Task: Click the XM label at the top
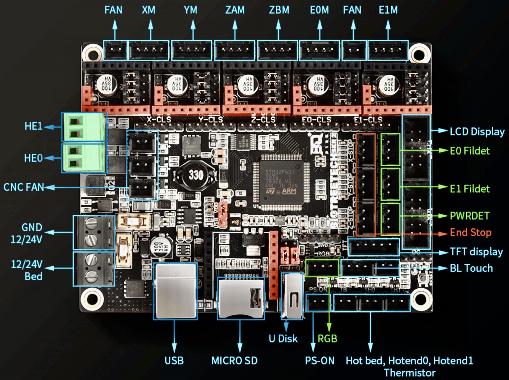tap(148, 10)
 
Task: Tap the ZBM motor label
tap(279, 10)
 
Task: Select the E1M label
tap(388, 10)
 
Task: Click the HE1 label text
tap(33, 126)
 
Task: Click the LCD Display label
tap(477, 132)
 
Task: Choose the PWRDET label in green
tap(469, 216)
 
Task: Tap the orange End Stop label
tap(471, 233)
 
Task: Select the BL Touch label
tap(471, 268)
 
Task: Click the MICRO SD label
tap(235, 360)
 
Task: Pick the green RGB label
tap(327, 339)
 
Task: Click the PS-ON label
tap(319, 360)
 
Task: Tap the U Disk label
tap(283, 339)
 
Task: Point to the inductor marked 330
tap(196, 175)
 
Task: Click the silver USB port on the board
tap(175, 291)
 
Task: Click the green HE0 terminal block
tap(84, 157)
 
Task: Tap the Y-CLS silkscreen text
tap(211, 120)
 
